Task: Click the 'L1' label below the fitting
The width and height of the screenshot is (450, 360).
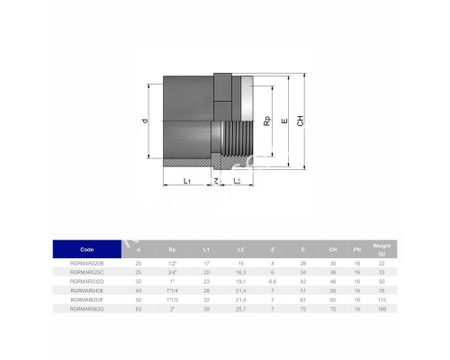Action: pos(185,182)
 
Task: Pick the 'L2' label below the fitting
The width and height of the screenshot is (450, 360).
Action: pos(236,182)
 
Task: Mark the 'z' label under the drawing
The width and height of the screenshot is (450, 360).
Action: pos(216,181)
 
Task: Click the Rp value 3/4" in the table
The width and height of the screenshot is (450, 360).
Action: pos(171,272)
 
